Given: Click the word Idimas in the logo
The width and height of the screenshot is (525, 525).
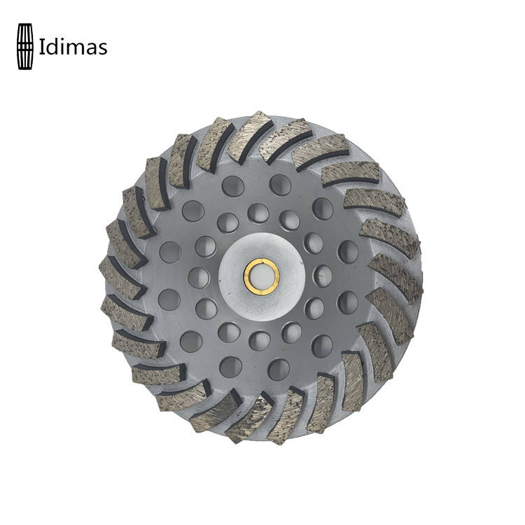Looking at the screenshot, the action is pos(73,46).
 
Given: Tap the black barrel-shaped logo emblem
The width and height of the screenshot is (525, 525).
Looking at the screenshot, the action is pos(25,46).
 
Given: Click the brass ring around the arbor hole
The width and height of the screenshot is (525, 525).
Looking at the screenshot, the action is pos(262,276).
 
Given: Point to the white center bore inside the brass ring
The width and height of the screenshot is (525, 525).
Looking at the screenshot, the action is pos(262,276).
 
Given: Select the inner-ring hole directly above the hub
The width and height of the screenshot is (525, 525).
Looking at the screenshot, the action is pos(258,213).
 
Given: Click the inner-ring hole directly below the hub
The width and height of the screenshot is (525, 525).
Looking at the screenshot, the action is pos(260,340).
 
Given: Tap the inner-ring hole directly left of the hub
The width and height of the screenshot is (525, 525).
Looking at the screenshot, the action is pos(199,278).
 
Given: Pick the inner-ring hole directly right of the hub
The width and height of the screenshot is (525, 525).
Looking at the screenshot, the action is pos(323,276).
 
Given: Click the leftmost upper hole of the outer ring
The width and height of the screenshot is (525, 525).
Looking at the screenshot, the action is pos(170,252).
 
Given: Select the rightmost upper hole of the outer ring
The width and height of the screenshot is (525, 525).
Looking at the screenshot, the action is pos(347,251).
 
